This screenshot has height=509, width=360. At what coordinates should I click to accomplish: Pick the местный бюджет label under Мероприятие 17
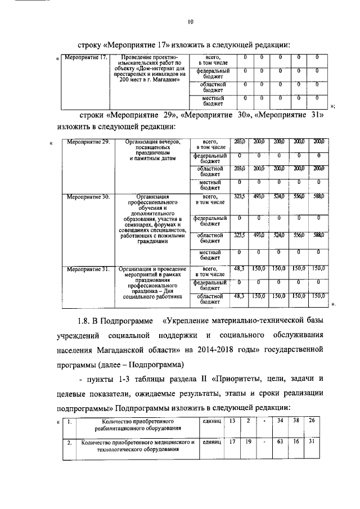tap(213, 101)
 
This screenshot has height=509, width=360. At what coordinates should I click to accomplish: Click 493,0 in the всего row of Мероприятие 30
tap(259, 197)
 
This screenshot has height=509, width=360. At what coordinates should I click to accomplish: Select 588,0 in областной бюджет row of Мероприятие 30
tap(318, 235)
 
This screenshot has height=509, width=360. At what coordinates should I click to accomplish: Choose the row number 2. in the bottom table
tap(69, 443)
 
